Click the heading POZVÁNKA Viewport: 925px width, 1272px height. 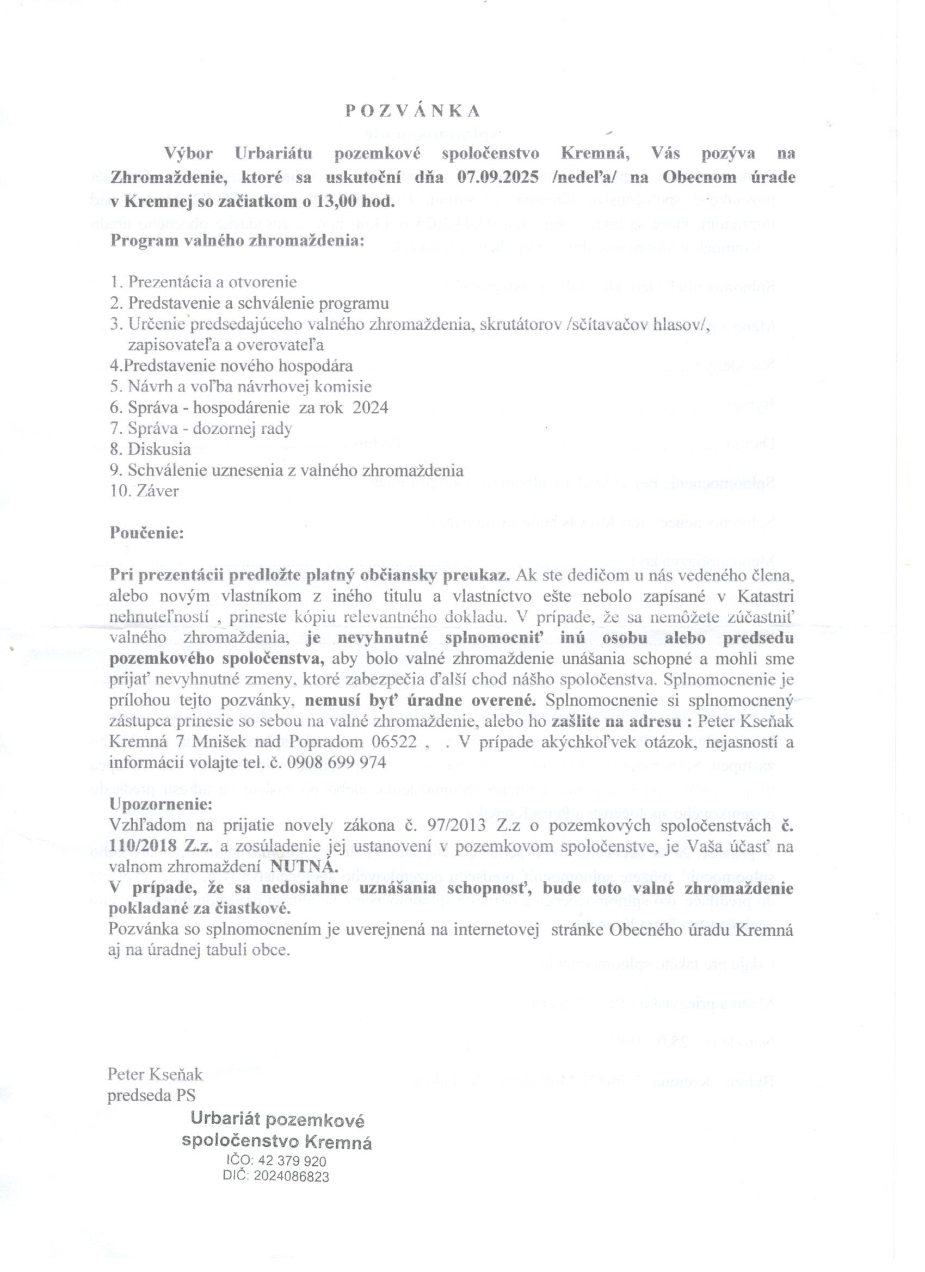413,111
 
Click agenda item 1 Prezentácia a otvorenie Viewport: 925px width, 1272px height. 203,282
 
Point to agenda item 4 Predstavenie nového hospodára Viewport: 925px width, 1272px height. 231,366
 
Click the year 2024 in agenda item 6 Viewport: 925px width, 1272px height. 369,407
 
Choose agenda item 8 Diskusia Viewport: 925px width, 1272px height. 151,449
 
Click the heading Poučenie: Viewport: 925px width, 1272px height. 146,532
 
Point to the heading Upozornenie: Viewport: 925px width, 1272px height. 161,804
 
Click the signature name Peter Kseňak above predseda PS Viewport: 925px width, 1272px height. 155,1075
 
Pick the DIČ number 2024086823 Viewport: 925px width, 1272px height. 291,1177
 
